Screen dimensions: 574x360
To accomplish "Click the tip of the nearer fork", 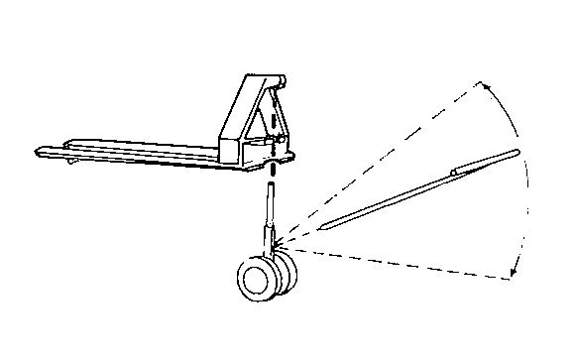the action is click(x=40, y=152).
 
